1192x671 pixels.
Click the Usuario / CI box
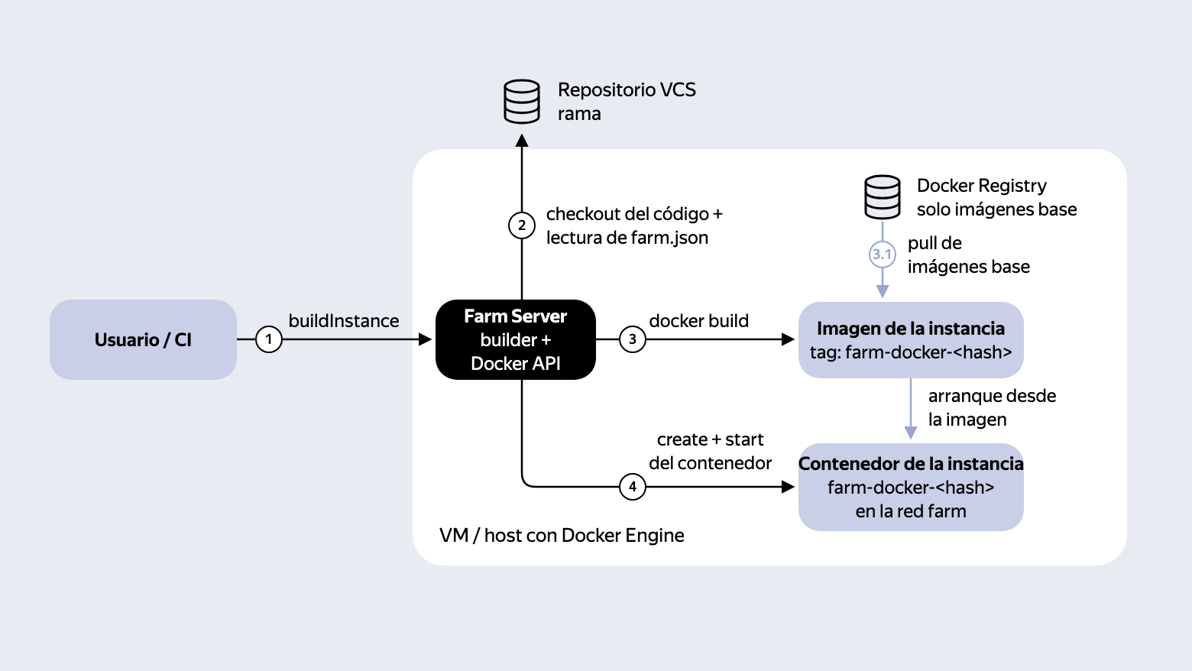pyautogui.click(x=143, y=339)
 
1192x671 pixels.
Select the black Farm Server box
pyautogui.click(x=515, y=339)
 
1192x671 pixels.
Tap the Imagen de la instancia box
pyautogui.click(x=911, y=340)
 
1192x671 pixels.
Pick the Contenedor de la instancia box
pyautogui.click(x=911, y=487)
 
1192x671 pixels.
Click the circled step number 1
pyautogui.click(x=269, y=339)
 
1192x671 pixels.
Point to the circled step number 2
pyautogui.click(x=521, y=225)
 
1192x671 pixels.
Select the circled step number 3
pyautogui.click(x=632, y=339)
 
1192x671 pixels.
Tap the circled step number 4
pyautogui.click(x=632, y=487)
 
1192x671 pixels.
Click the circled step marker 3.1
pyautogui.click(x=883, y=254)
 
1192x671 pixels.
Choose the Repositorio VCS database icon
pyautogui.click(x=521, y=102)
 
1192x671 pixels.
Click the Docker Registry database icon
pyautogui.click(x=883, y=197)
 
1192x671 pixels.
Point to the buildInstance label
pyautogui.click(x=344, y=321)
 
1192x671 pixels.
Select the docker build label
pyautogui.click(x=698, y=321)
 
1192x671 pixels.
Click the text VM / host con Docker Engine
pyautogui.click(x=562, y=535)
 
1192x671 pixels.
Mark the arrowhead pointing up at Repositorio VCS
pyautogui.click(x=521, y=141)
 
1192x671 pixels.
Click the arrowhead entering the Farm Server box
pyautogui.click(x=425, y=339)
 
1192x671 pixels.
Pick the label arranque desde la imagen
pyautogui.click(x=992, y=407)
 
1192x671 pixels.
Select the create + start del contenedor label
pyautogui.click(x=710, y=451)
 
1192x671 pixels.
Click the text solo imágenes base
pyautogui.click(x=996, y=209)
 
